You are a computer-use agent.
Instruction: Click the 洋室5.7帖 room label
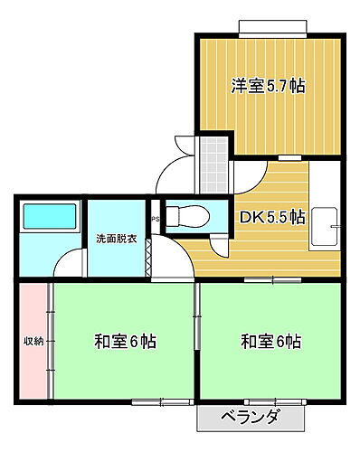pos(268,87)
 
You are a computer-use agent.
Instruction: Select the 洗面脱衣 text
pos(117,240)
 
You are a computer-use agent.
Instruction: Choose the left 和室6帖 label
pos(124,342)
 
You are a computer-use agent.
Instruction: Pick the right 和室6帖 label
pos(270,342)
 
